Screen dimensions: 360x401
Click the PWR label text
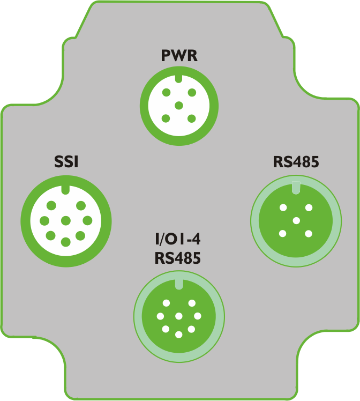179,56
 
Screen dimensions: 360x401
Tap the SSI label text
66,162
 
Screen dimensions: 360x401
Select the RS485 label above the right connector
296,162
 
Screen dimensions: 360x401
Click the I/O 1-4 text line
178,240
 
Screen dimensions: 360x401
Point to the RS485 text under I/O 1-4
177,258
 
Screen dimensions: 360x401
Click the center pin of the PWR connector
179,106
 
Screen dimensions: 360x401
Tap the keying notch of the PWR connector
178,78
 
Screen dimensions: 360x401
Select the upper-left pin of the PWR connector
166,92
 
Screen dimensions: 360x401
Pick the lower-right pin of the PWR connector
191,118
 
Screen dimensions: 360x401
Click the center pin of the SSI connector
66,221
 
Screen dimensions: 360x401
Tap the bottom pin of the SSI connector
66,242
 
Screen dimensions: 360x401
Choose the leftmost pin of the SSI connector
44,221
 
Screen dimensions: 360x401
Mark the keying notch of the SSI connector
66,190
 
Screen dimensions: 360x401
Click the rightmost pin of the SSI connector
87,221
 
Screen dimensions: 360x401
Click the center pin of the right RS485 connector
296,220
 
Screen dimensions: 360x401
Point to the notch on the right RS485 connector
296,188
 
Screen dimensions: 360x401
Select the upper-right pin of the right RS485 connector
309,207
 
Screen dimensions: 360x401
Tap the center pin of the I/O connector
179,316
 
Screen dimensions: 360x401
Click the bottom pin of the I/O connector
179,335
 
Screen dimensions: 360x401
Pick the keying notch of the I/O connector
179,284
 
